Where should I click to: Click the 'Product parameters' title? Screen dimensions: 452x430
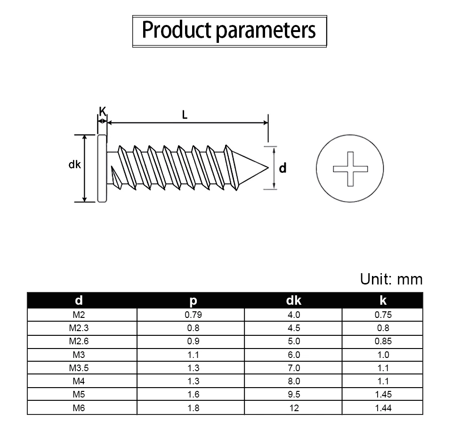(x=229, y=30)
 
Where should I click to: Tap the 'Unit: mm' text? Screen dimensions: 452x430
(x=391, y=279)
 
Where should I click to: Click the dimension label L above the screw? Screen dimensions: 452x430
(x=185, y=115)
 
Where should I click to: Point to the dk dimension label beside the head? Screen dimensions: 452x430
(x=75, y=164)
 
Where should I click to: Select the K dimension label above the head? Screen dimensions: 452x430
(x=102, y=111)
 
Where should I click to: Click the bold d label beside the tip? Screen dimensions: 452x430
(x=283, y=168)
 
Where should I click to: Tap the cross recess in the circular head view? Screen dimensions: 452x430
(x=350, y=169)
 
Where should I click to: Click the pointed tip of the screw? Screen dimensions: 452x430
(x=268, y=168)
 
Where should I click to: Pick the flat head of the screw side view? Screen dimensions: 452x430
(x=102, y=168)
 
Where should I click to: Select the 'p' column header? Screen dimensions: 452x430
(x=193, y=301)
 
